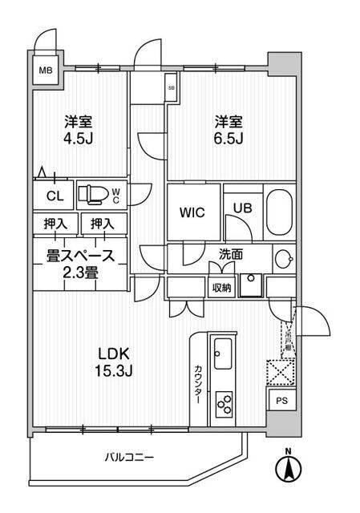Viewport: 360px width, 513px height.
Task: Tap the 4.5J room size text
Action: pyautogui.click(x=78, y=139)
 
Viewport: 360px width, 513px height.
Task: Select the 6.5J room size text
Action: pyautogui.click(x=229, y=139)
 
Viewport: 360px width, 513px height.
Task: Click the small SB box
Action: pyautogui.click(x=171, y=89)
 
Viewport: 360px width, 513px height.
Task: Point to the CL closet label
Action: pyautogui.click(x=54, y=196)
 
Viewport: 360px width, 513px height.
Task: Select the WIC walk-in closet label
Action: pyautogui.click(x=192, y=213)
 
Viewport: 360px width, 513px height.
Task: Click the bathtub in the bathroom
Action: pyautogui.click(x=280, y=212)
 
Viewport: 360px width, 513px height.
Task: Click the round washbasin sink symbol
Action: pyautogui.click(x=281, y=259)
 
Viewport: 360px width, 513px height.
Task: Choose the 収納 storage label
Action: pyautogui.click(x=222, y=288)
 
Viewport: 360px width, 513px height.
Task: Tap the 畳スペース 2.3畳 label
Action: pyautogui.click(x=79, y=264)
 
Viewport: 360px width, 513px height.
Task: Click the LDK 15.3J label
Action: pyautogui.click(x=114, y=362)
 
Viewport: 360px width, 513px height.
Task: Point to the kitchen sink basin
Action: pyautogui.click(x=222, y=350)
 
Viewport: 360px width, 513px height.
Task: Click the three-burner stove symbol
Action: pyautogui.click(x=222, y=402)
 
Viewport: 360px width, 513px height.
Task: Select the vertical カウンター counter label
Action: pyautogui.click(x=198, y=384)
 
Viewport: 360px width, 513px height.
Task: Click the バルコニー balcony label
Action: pyautogui.click(x=129, y=457)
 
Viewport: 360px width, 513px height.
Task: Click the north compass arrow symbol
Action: pyautogui.click(x=288, y=467)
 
